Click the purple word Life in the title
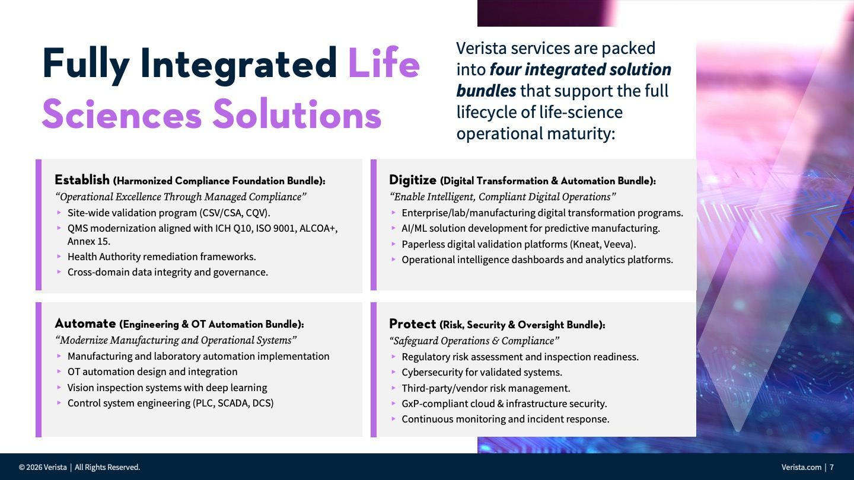pos(384,63)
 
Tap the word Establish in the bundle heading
pos(82,180)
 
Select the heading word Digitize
pos(413,180)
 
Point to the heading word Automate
pos(85,324)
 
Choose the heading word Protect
pos(413,324)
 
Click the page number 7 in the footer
pos(831,467)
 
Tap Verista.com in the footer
pos(801,467)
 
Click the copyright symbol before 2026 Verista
pos(22,468)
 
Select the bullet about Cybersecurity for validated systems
pos(482,372)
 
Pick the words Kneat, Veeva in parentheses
pos(603,244)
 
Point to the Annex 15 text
pos(89,242)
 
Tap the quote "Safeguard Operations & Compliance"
pos(474,341)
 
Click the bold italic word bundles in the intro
pos(486,91)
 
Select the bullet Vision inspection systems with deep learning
pos(167,388)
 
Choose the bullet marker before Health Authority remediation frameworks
pos(59,257)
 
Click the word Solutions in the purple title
pos(297,114)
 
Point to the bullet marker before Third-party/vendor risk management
pos(393,388)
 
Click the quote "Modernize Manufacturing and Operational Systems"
pos(176,340)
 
